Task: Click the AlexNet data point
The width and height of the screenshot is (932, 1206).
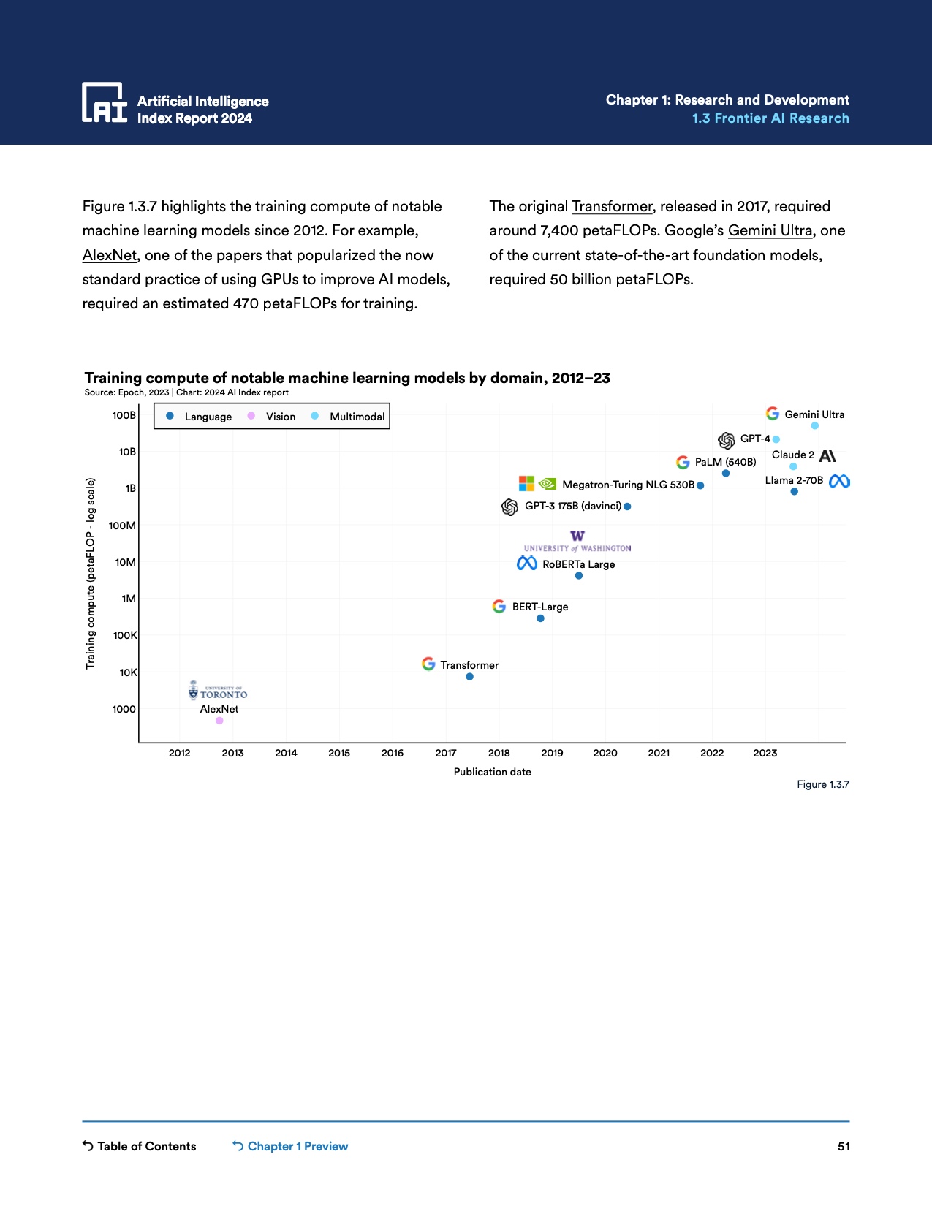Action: click(x=219, y=721)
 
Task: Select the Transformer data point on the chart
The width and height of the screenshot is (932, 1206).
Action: click(x=469, y=677)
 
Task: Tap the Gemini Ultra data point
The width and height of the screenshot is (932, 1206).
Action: click(x=815, y=425)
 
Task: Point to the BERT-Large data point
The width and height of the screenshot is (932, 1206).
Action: click(x=540, y=618)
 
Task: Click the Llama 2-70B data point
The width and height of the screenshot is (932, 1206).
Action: click(x=794, y=491)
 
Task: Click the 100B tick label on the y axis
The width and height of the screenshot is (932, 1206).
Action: click(x=124, y=415)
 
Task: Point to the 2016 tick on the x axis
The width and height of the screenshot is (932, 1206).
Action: click(x=393, y=753)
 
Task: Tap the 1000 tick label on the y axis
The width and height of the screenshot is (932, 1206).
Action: click(x=124, y=709)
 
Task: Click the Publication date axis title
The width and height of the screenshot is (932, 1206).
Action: click(x=492, y=772)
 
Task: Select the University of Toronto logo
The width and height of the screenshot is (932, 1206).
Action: click(x=218, y=691)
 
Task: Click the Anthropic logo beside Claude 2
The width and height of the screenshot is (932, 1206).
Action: click(x=827, y=455)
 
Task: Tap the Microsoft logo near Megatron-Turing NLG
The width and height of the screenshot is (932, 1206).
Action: click(x=526, y=483)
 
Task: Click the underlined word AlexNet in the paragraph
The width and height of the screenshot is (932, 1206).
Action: click(x=110, y=255)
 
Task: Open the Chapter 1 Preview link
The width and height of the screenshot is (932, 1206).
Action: click(x=290, y=1146)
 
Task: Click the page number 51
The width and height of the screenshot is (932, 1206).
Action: click(x=844, y=1146)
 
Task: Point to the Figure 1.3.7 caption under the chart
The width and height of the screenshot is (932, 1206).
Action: click(x=823, y=784)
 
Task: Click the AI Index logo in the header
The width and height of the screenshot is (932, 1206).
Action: click(x=104, y=102)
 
